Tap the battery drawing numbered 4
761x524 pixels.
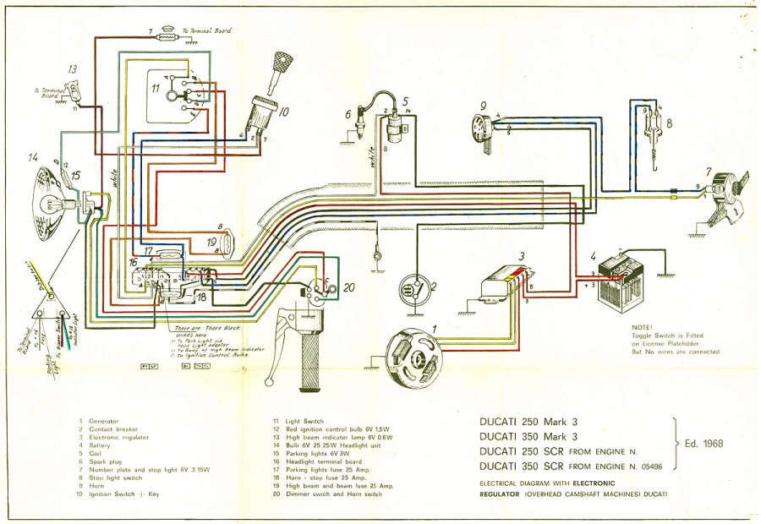[624, 275]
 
